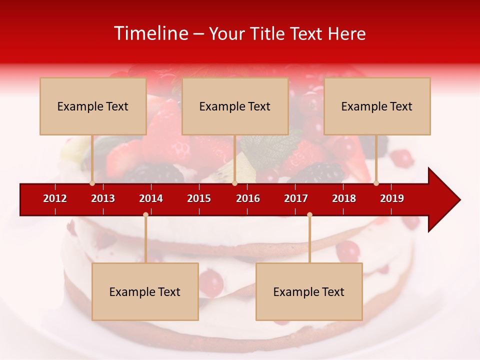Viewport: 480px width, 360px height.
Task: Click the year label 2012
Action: tap(55, 198)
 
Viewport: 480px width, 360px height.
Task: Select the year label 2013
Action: tap(103, 198)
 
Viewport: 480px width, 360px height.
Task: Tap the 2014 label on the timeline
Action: tap(151, 198)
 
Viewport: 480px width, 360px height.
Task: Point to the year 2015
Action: tap(199, 198)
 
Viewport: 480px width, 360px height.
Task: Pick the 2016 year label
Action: tap(248, 198)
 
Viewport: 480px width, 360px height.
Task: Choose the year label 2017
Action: tap(296, 198)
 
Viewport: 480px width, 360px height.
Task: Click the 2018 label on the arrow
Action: tap(344, 198)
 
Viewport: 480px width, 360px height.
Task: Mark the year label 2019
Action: tap(392, 198)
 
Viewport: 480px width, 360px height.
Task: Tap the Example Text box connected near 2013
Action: tap(93, 106)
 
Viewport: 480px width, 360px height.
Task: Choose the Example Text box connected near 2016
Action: tap(235, 106)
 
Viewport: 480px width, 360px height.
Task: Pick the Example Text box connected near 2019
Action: tap(377, 106)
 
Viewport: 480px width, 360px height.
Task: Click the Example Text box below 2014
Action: tap(145, 292)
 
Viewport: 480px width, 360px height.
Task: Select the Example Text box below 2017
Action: tap(309, 292)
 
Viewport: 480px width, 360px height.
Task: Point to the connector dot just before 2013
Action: tap(92, 183)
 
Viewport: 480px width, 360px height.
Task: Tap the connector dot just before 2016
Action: tap(234, 183)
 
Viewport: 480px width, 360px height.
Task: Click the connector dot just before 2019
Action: tap(376, 183)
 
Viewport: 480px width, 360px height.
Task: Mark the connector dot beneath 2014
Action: tap(145, 214)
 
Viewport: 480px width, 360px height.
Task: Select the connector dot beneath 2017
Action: tap(309, 214)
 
